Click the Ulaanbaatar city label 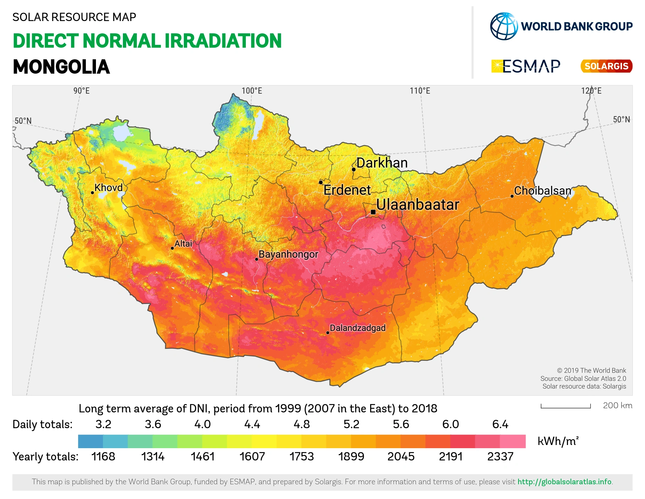(x=417, y=205)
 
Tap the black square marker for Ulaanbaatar (x=373, y=212)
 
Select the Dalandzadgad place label (x=358, y=328)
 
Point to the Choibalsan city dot (x=512, y=196)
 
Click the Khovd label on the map (x=109, y=188)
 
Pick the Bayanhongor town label (x=288, y=254)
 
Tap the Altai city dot (x=172, y=248)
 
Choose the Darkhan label (x=382, y=163)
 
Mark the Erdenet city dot (x=321, y=182)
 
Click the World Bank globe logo (x=504, y=26)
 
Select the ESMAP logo (x=526, y=66)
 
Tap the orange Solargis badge (x=606, y=66)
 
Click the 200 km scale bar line (x=566, y=407)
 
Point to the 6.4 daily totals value (x=500, y=424)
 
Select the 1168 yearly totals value (x=103, y=457)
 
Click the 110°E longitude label (x=420, y=91)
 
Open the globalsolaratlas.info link (x=565, y=482)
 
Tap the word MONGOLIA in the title (x=61, y=67)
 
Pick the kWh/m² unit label (x=558, y=441)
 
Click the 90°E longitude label (x=81, y=91)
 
